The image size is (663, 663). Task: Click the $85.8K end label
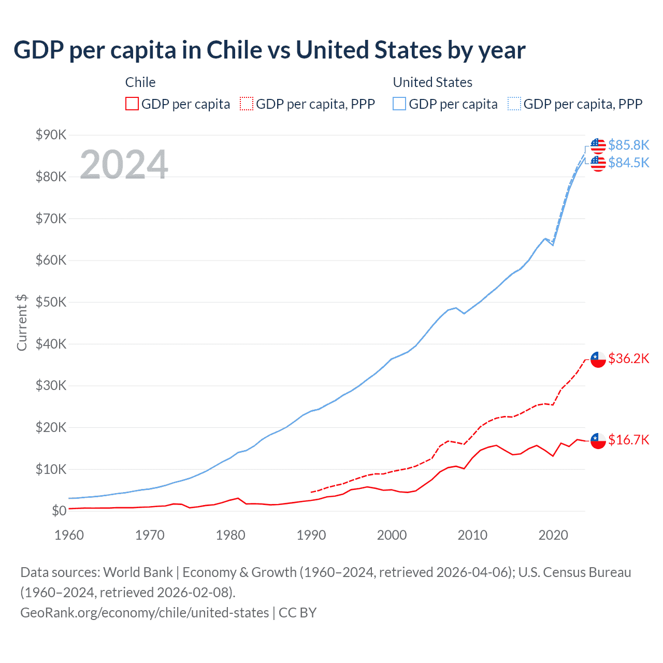pyautogui.click(x=628, y=145)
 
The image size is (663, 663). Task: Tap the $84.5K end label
pyautogui.click(x=628, y=163)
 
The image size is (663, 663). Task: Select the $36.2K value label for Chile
pyautogui.click(x=628, y=358)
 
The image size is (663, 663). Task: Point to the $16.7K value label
pyautogui.click(x=628, y=440)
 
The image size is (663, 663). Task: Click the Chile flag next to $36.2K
pyautogui.click(x=598, y=358)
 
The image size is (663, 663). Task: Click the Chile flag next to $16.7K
pyautogui.click(x=598, y=440)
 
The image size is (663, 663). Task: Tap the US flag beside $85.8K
pyautogui.click(x=598, y=146)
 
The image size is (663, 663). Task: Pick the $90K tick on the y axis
pyautogui.click(x=51, y=135)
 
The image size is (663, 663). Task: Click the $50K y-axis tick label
pyautogui.click(x=51, y=302)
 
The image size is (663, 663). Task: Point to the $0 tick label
pyautogui.click(x=59, y=511)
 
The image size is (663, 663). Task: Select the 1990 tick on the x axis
pyautogui.click(x=311, y=535)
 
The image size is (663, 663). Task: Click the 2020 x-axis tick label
pyautogui.click(x=553, y=535)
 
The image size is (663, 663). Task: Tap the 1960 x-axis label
pyautogui.click(x=69, y=535)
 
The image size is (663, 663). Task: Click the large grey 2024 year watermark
pyautogui.click(x=124, y=165)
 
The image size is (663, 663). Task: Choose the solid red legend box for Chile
pyautogui.click(x=132, y=104)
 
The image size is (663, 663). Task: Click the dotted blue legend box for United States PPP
pyautogui.click(x=514, y=104)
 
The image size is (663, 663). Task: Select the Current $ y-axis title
pyautogui.click(x=22, y=322)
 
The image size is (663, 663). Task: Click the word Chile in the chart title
pyautogui.click(x=234, y=50)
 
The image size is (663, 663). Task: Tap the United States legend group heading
pyautogui.click(x=433, y=82)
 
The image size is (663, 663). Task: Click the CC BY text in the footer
pyautogui.click(x=297, y=613)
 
